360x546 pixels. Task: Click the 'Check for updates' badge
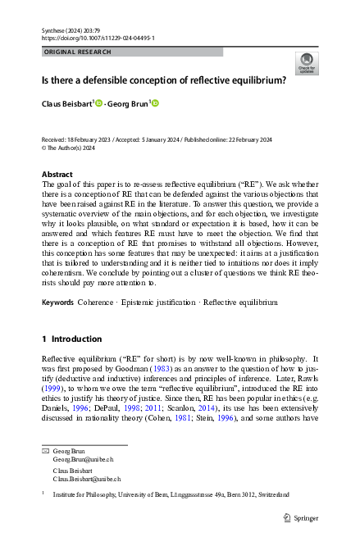306,63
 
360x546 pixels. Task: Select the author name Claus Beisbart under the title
67,103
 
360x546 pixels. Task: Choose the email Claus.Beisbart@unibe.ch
87,478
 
